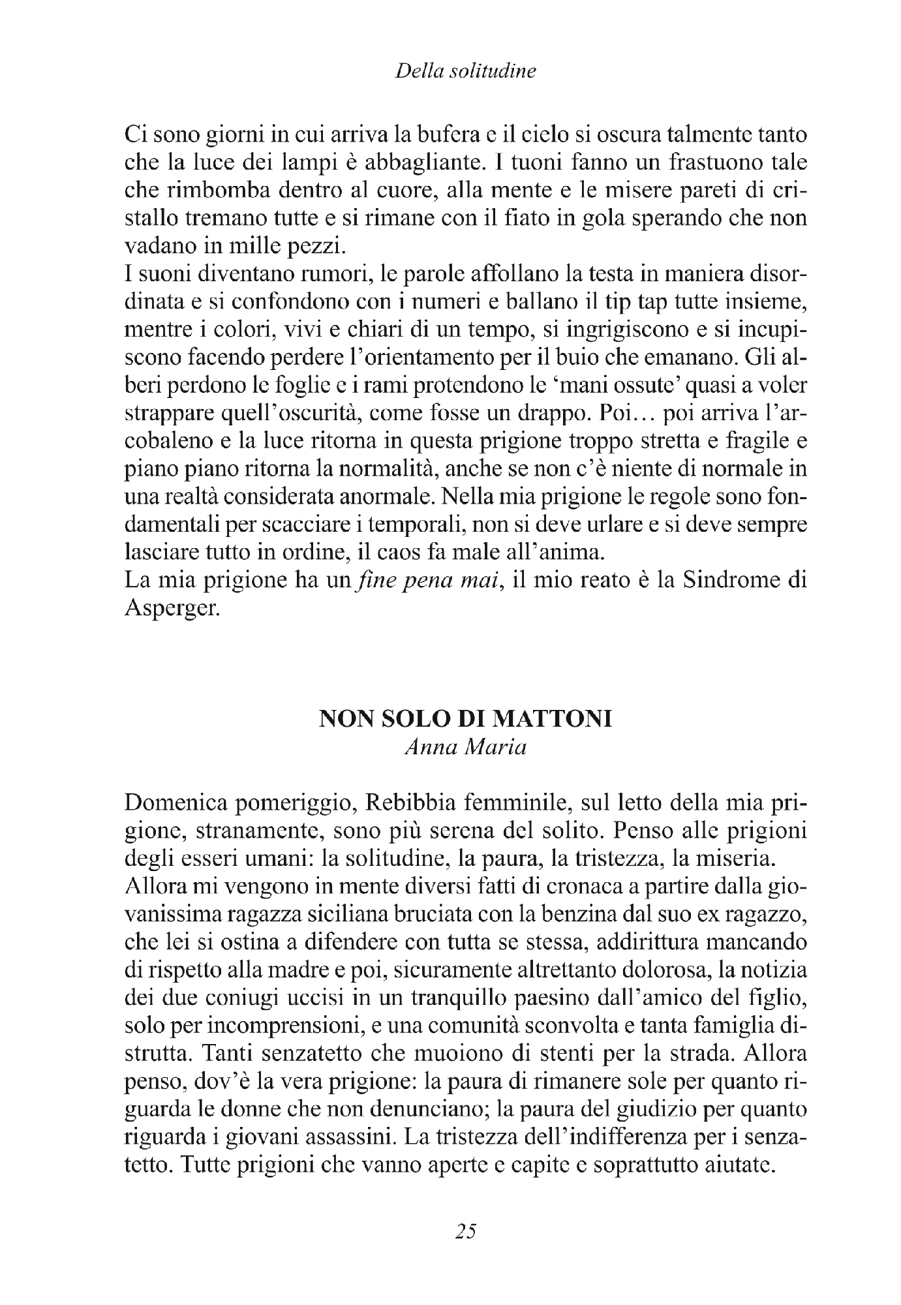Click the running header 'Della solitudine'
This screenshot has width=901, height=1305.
coord(465,71)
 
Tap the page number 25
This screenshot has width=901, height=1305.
coord(466,1231)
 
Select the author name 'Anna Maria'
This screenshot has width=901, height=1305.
coord(465,748)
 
